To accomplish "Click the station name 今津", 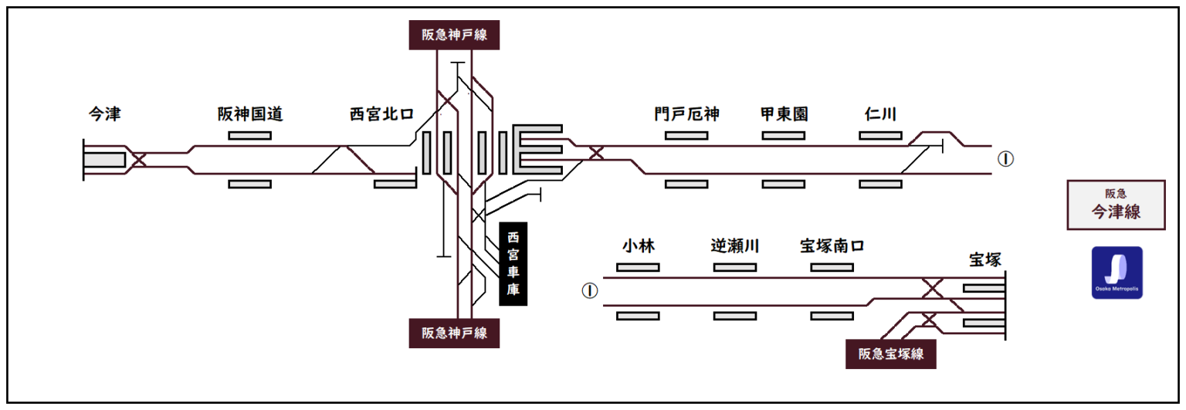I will [105, 114].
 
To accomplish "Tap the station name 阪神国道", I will [250, 114].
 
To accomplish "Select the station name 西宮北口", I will [382, 114].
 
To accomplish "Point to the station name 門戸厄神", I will [686, 114].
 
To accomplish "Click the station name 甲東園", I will [784, 114].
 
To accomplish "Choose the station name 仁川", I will [880, 114].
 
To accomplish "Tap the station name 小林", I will [639, 246].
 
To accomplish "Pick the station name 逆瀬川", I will [735, 246].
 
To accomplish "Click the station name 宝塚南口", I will [832, 246].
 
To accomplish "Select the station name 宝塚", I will [985, 260].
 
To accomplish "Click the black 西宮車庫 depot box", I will [513, 264].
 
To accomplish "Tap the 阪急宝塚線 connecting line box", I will [891, 354].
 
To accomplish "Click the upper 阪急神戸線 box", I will [454, 35].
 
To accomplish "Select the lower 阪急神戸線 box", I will [454, 333].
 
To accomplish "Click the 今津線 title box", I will [1116, 205].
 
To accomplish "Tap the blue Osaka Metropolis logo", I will [1117, 273].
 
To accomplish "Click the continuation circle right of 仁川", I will [1005, 159].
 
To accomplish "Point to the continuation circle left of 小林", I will [590, 291].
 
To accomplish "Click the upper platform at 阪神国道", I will [250, 136].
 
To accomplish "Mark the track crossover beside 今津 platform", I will [139, 160].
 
